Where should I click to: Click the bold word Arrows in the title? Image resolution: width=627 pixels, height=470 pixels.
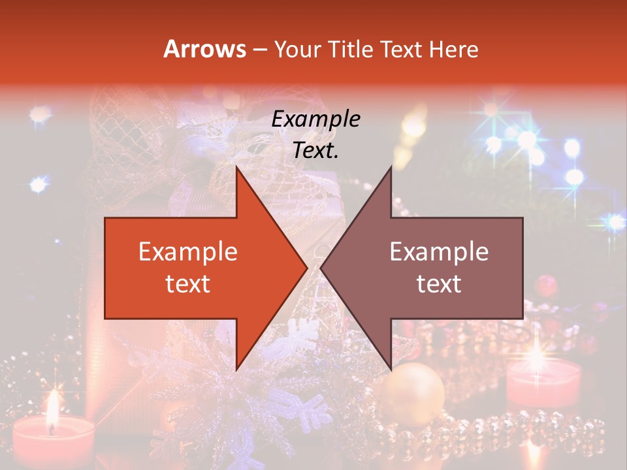tap(204, 49)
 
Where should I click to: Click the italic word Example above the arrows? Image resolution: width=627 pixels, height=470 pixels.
tap(315, 119)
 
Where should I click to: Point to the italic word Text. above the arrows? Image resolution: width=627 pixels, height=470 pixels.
tap(315, 150)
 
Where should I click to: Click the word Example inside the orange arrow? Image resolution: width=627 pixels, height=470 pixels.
tap(187, 252)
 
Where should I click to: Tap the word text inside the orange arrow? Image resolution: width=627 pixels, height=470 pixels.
tap(187, 283)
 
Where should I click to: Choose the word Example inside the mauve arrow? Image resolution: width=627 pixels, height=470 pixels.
tap(439, 252)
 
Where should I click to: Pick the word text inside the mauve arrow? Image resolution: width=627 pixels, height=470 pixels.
tap(439, 283)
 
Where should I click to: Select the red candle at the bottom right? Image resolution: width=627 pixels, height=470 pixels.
tap(543, 385)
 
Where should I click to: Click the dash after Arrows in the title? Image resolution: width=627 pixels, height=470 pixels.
tap(259, 50)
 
